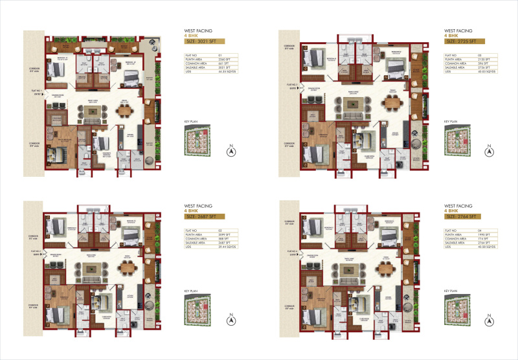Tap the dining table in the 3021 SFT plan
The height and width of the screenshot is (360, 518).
[x=125, y=111]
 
